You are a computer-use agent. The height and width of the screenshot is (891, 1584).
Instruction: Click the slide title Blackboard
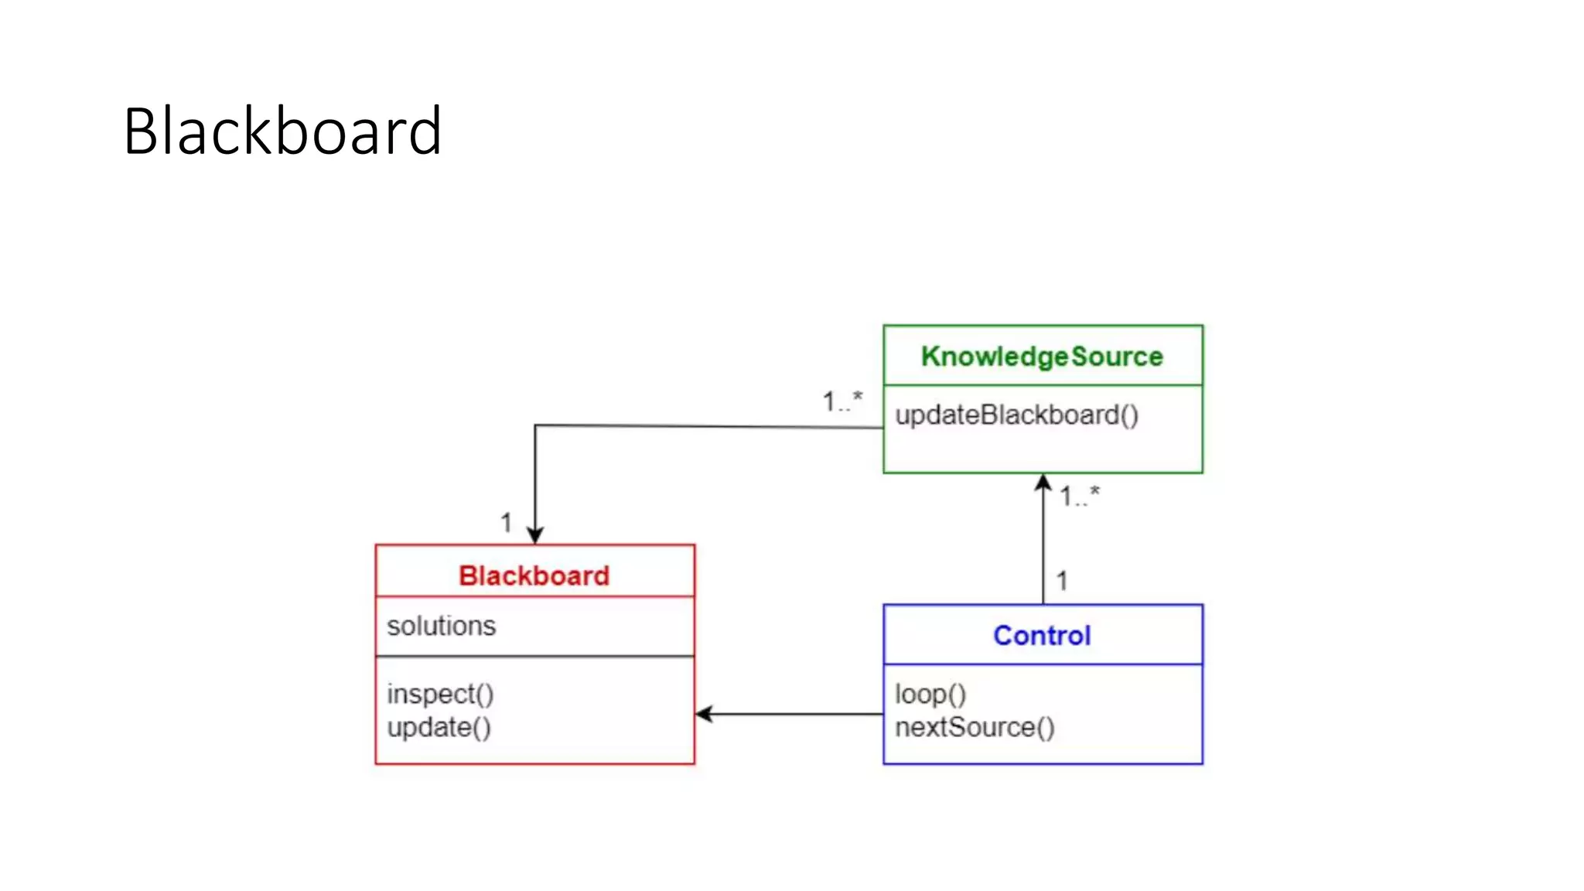[x=282, y=131]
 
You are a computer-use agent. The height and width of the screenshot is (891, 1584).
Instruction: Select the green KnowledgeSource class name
[x=1042, y=357]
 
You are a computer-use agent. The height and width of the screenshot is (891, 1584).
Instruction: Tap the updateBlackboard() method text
[x=1016, y=415]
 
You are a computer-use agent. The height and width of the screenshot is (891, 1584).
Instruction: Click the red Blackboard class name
[x=534, y=575]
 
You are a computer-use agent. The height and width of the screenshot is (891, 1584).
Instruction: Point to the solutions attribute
[x=441, y=626]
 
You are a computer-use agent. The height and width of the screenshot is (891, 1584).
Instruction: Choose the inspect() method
[x=440, y=694]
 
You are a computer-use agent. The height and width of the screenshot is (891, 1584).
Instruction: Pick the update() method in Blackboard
[x=439, y=728]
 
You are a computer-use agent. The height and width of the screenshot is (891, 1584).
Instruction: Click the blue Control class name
[x=1042, y=636]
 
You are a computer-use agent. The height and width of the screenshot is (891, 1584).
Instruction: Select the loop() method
[x=930, y=694]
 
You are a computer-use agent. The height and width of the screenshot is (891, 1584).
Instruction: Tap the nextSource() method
[x=975, y=728]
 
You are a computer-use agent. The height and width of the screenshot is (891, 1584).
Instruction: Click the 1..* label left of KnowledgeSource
[x=841, y=401]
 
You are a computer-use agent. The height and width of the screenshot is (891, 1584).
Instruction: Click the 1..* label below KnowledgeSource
[x=1079, y=496]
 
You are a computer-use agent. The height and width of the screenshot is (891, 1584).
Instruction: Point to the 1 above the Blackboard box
[x=506, y=523]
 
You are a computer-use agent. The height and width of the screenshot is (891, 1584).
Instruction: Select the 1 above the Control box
[x=1062, y=581]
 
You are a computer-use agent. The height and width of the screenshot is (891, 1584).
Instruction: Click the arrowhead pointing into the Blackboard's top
[x=535, y=535]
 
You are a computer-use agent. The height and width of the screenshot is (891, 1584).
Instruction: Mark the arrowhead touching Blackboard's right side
[x=704, y=714]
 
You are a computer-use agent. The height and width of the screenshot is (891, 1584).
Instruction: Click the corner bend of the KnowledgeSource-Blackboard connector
[x=535, y=425]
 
